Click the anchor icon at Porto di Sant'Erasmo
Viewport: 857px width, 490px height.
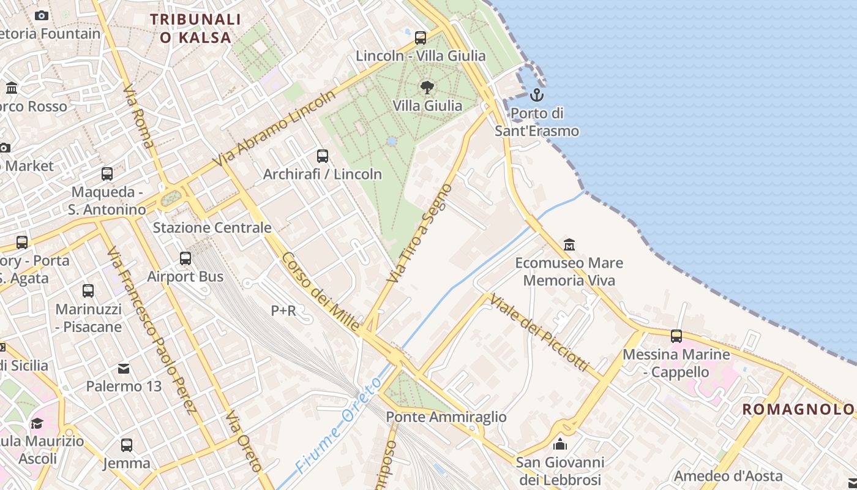(536, 95)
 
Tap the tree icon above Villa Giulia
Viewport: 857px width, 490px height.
(427, 88)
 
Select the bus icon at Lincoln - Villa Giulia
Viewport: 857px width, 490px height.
(421, 38)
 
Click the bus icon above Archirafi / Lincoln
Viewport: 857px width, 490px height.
(323, 156)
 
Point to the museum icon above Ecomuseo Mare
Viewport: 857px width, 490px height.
(569, 245)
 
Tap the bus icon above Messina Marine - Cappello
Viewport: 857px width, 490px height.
(676, 336)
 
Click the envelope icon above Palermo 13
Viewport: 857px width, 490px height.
(124, 369)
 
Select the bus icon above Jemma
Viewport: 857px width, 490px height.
(127, 445)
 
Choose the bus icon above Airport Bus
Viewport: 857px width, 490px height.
(185, 258)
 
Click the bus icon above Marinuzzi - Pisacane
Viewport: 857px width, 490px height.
(88, 291)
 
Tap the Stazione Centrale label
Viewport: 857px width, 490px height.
(212, 228)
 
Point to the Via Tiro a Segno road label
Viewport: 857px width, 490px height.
(420, 233)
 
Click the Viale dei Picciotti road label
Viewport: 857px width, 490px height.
(539, 333)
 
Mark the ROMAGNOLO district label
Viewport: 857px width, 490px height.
(798, 409)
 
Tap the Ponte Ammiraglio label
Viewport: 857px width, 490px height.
(446, 417)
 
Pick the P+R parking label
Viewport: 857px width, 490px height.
(283, 311)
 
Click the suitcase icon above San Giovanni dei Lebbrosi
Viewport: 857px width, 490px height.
(559, 445)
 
